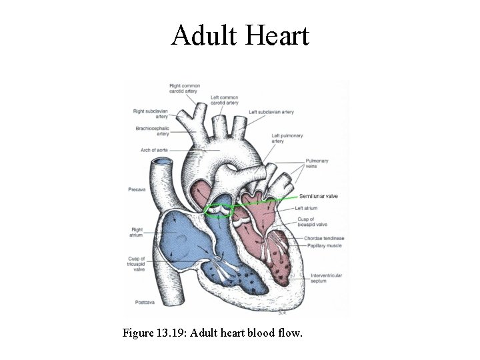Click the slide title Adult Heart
coord(240,35)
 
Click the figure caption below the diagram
coord(212,331)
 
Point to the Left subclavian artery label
coord(271,111)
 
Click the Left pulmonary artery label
coord(287,138)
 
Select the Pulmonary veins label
coord(317,164)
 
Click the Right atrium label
coord(138,232)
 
